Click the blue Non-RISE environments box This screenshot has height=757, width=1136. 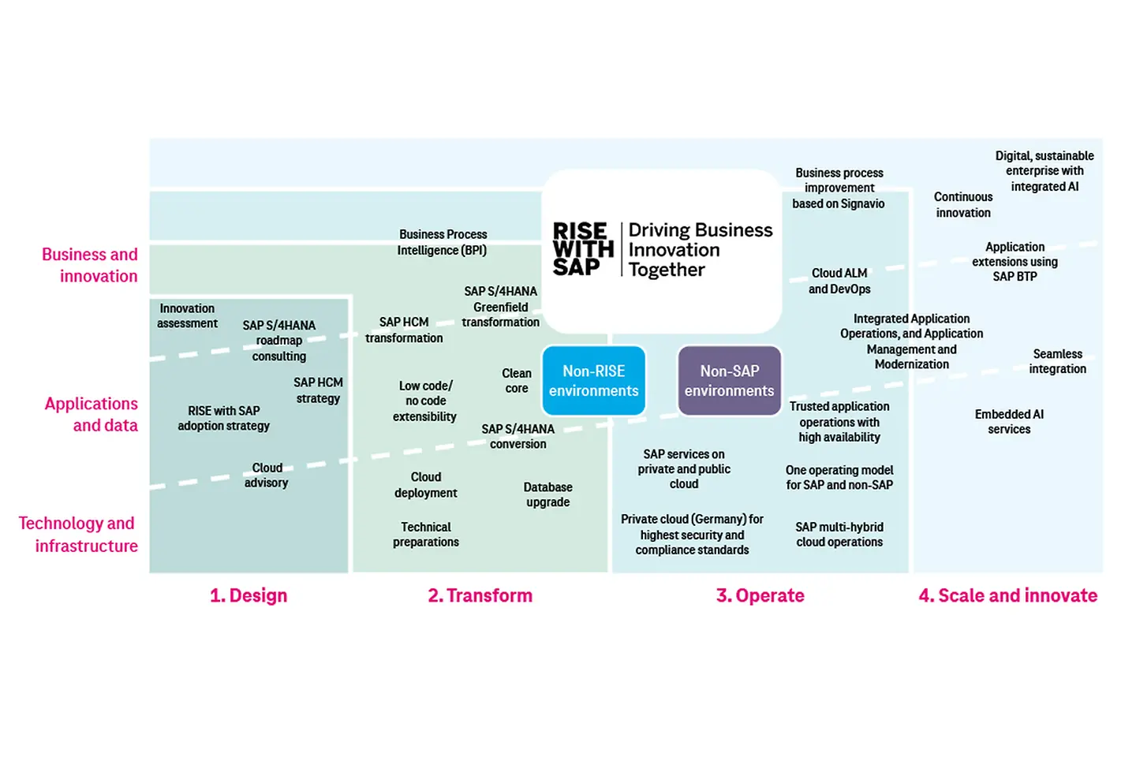click(593, 381)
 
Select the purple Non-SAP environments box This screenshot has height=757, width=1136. click(729, 381)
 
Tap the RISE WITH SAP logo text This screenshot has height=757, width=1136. click(582, 249)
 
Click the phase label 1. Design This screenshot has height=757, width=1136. click(248, 595)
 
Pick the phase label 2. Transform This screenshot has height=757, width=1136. click(480, 595)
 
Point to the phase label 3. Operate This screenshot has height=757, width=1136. click(760, 595)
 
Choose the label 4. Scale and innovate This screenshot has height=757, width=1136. click(1007, 595)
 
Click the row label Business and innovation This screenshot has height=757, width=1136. click(90, 265)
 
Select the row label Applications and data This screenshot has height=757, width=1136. click(92, 414)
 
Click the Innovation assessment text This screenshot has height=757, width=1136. click(187, 315)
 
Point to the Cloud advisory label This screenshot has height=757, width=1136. click(267, 475)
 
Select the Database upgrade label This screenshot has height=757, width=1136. click(547, 494)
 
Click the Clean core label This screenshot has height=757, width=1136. click(517, 380)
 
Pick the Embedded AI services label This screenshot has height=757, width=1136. click(1009, 421)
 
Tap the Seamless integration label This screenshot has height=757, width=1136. click(1057, 361)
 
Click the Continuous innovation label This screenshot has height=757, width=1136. click(963, 204)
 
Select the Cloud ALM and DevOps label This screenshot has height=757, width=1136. click(839, 281)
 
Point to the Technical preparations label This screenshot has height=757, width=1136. click(426, 534)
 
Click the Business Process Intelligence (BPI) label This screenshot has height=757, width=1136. click(443, 242)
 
